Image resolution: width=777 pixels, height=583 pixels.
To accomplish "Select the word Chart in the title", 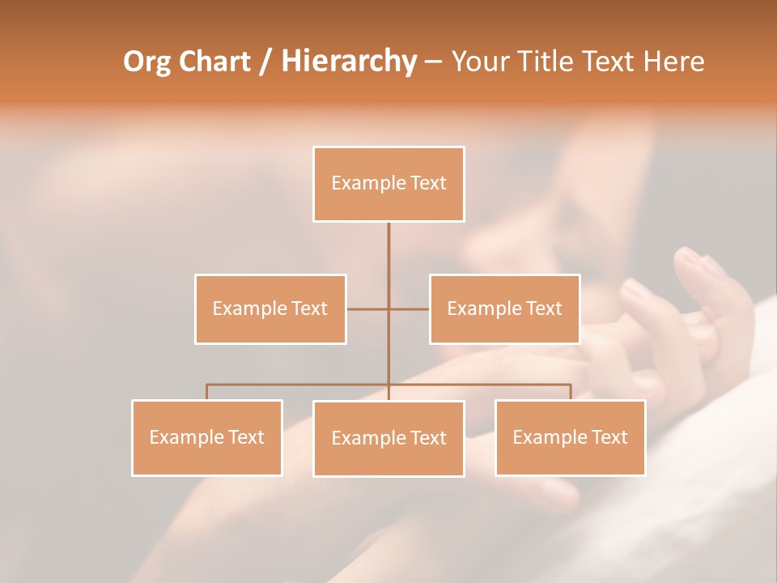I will pos(216,62).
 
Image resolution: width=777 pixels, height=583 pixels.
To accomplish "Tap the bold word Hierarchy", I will pos(349,62).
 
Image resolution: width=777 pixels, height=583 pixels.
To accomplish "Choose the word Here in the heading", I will pos(673,62).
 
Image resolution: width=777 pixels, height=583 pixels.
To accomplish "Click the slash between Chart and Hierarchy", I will pos(265,62).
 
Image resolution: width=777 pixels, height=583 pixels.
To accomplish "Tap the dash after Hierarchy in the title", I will pos(433,62).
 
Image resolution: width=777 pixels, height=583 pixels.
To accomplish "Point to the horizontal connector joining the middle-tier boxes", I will pos(368,309).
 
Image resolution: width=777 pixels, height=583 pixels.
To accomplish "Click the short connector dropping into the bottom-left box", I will pos(207,392).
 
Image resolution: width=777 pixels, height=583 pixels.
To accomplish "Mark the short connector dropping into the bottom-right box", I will pos(571,392).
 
